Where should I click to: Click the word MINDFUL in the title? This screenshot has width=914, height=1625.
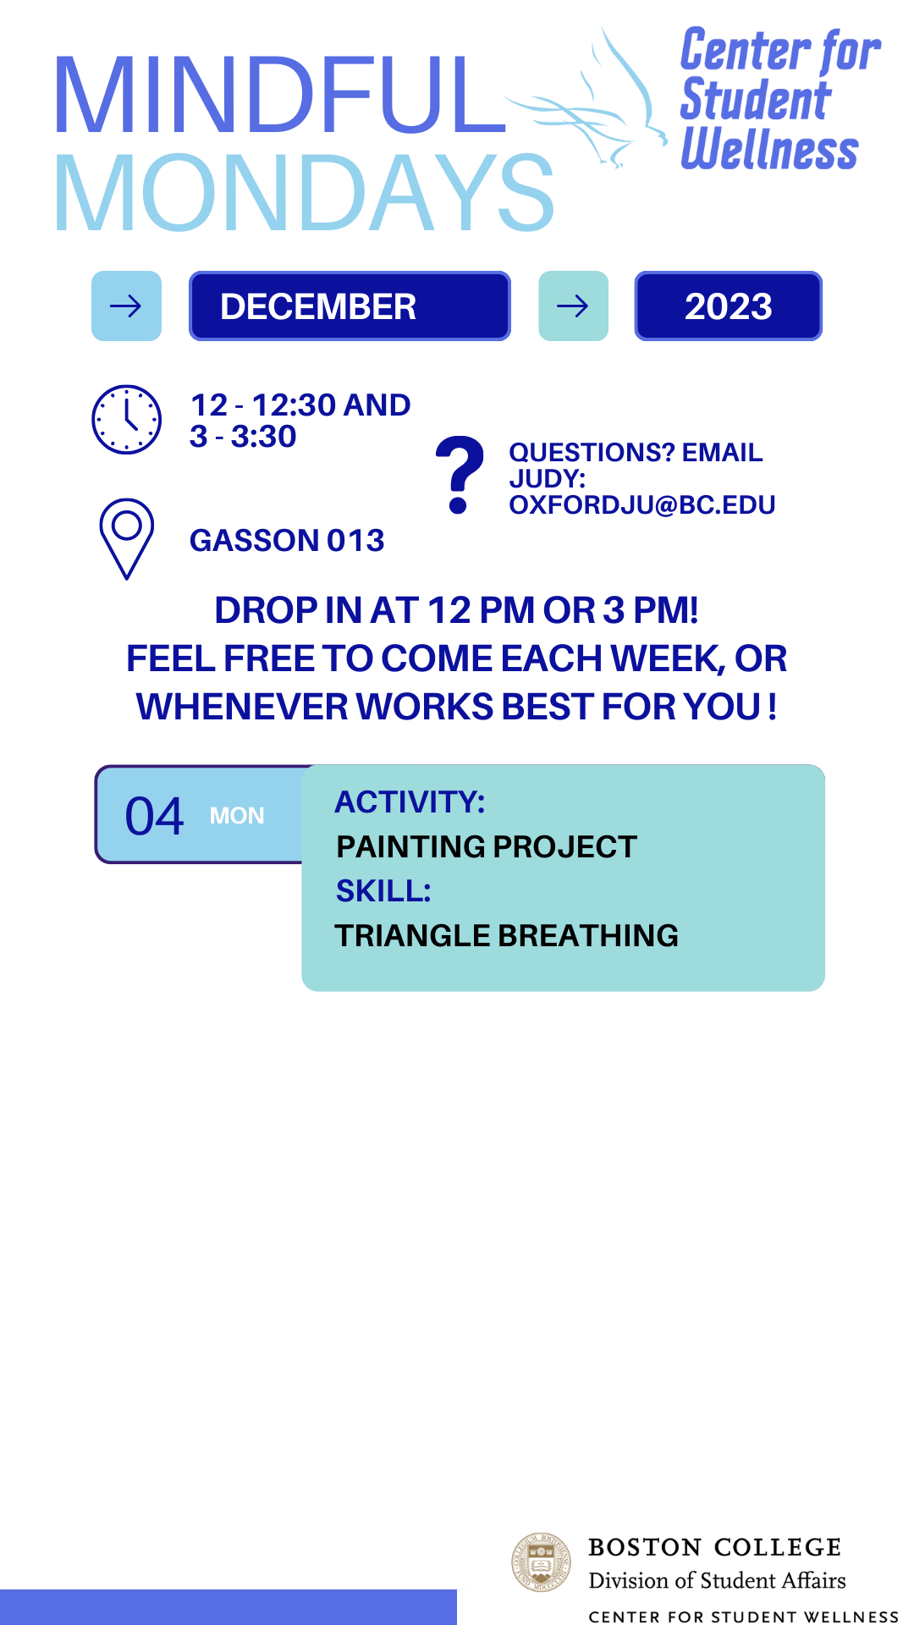[281, 95]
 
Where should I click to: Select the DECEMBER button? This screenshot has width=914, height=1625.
[350, 306]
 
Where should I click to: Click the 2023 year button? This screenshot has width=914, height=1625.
[729, 306]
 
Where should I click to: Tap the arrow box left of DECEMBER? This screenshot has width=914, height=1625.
[126, 306]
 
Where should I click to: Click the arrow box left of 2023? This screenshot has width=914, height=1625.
[574, 306]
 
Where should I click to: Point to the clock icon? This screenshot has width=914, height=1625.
[126, 420]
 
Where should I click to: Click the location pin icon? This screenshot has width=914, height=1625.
[126, 539]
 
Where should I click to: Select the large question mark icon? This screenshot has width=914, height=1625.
[460, 475]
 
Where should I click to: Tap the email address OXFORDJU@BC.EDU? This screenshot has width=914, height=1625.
[642, 505]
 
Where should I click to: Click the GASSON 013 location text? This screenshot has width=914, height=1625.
[287, 541]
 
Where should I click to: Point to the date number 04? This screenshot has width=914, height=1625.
[154, 816]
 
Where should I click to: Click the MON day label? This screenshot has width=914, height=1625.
[237, 816]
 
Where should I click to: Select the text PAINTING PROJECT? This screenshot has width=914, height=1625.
[487, 847]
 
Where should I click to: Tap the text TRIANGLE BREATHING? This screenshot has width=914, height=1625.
[507, 936]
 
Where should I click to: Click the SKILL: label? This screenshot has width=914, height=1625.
[383, 891]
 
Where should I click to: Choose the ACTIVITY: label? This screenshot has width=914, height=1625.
[410, 802]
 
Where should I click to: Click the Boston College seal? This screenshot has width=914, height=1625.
[542, 1562]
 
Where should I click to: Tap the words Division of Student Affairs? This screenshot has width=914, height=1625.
[718, 1581]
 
